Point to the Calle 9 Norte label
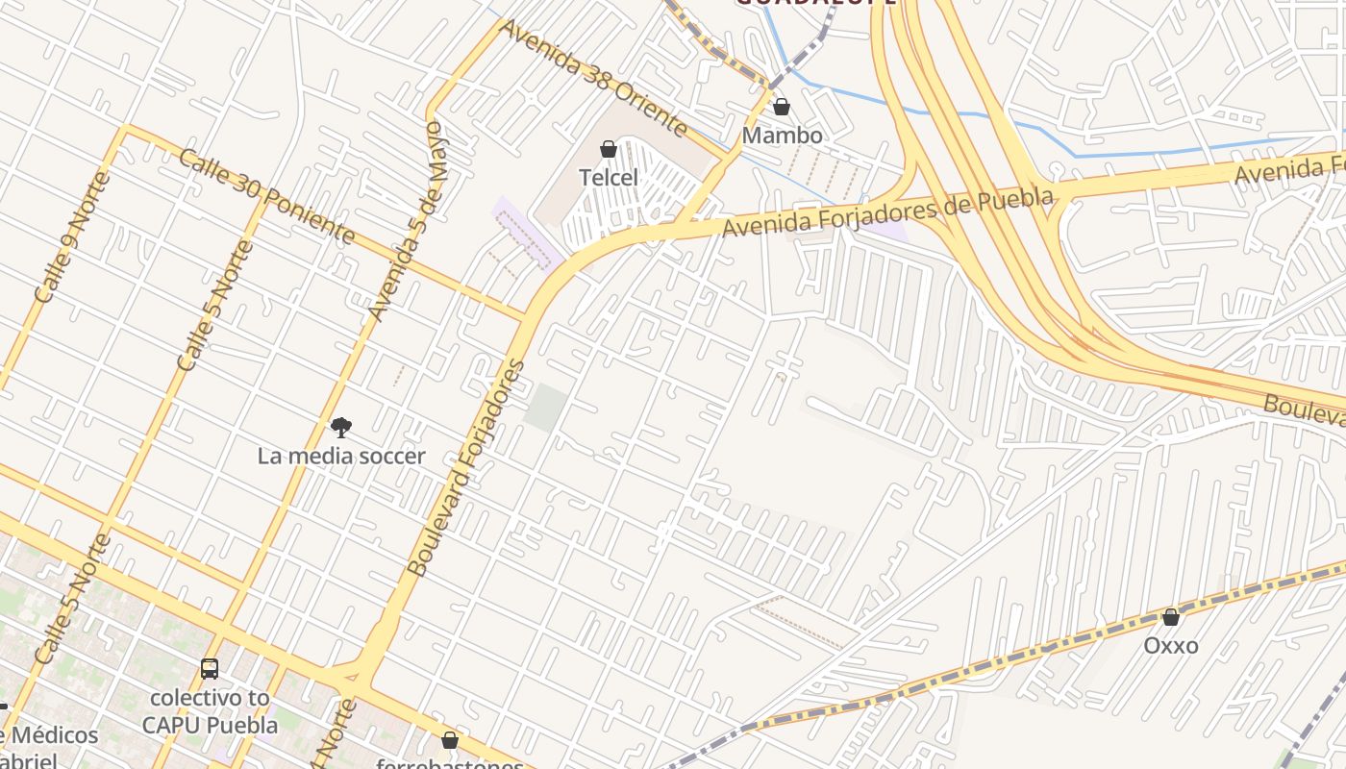click(x=72, y=236)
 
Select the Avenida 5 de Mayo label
click(x=409, y=221)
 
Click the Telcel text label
click(x=608, y=178)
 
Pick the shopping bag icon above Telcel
click(x=608, y=149)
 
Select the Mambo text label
click(x=782, y=136)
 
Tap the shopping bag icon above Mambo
click(x=782, y=107)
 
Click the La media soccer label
click(x=341, y=456)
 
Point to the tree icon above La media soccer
click(x=340, y=427)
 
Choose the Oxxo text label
click(x=1170, y=645)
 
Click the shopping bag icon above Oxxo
click(x=1170, y=617)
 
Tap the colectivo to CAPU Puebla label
click(x=210, y=711)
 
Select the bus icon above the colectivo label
click(x=210, y=669)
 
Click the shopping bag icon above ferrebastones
click(x=449, y=740)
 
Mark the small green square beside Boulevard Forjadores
click(x=545, y=408)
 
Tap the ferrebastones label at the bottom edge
click(x=449, y=764)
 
